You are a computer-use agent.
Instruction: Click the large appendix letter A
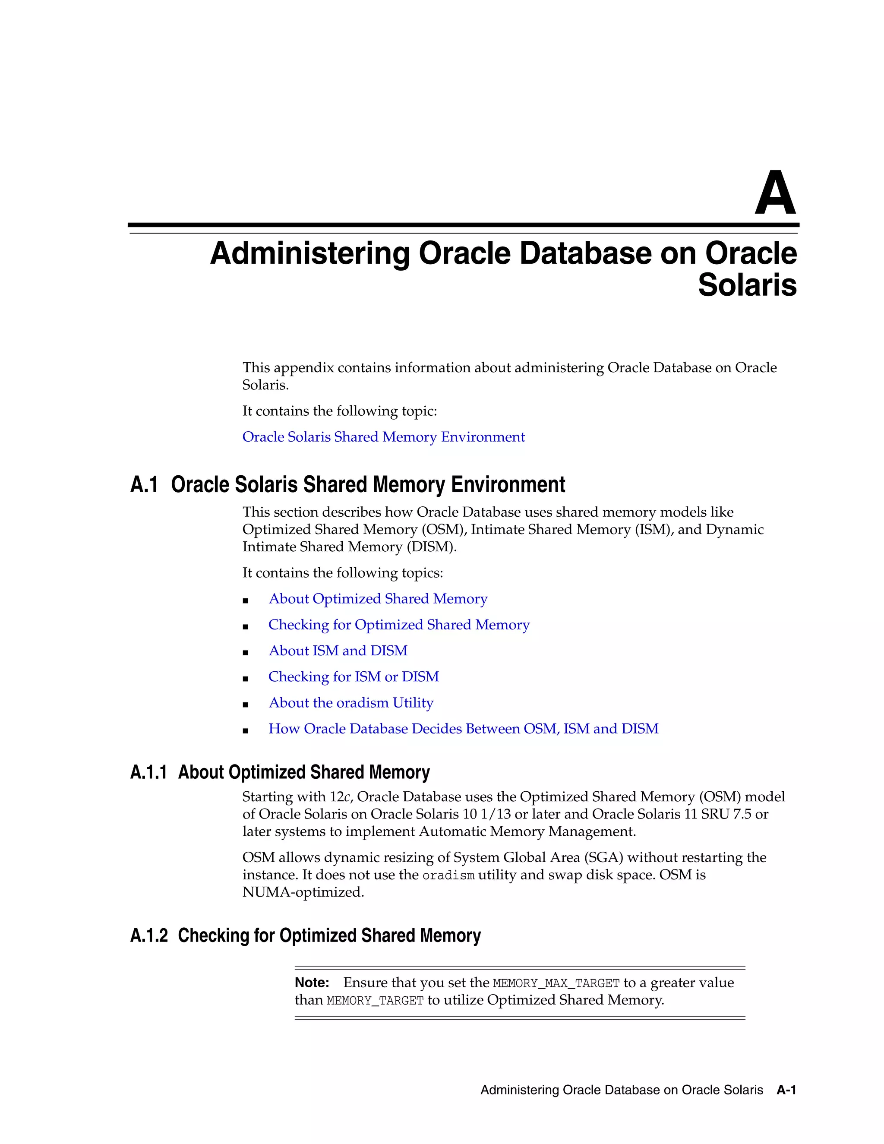(x=775, y=193)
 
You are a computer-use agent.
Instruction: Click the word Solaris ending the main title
(x=747, y=285)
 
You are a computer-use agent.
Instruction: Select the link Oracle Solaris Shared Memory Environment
(x=383, y=437)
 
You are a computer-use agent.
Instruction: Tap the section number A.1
(x=144, y=484)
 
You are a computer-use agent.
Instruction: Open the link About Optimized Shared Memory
(x=378, y=599)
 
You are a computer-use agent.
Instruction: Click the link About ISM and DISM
(x=338, y=651)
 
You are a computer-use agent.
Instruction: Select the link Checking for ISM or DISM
(x=354, y=677)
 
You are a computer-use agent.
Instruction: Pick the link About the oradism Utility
(x=351, y=703)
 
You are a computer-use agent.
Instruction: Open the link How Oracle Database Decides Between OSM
(x=463, y=729)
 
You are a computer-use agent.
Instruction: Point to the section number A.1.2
(x=149, y=935)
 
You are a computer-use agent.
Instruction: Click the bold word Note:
(x=312, y=983)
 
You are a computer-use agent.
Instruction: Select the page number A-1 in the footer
(x=786, y=1090)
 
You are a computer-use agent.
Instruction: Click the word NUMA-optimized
(x=303, y=892)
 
